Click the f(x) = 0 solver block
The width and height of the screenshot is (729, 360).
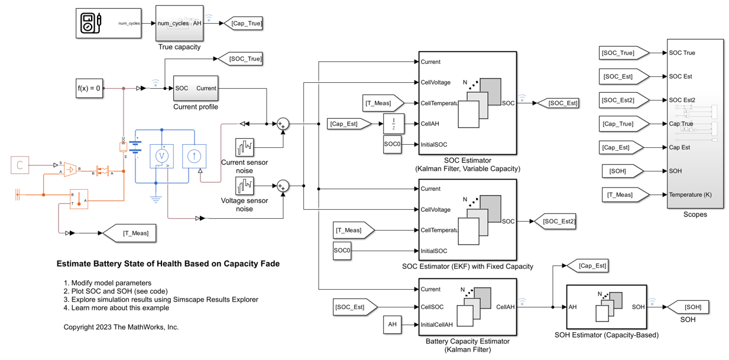point(89,89)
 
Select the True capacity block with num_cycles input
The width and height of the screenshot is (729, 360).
point(179,24)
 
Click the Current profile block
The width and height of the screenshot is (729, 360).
point(195,89)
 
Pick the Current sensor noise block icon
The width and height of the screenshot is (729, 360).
point(244,147)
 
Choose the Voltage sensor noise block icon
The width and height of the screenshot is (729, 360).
point(244,186)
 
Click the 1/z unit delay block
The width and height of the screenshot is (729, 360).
point(393,124)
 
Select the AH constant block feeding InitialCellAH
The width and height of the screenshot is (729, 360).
point(392,325)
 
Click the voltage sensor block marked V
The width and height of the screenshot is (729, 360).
point(161,156)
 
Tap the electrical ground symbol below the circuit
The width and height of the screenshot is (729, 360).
point(155,200)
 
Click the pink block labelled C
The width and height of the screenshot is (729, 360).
point(20,165)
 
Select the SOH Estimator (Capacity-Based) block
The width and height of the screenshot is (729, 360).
point(606,307)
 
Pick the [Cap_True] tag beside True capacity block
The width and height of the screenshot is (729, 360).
point(245,24)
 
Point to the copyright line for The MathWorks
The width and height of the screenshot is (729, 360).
point(121,327)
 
